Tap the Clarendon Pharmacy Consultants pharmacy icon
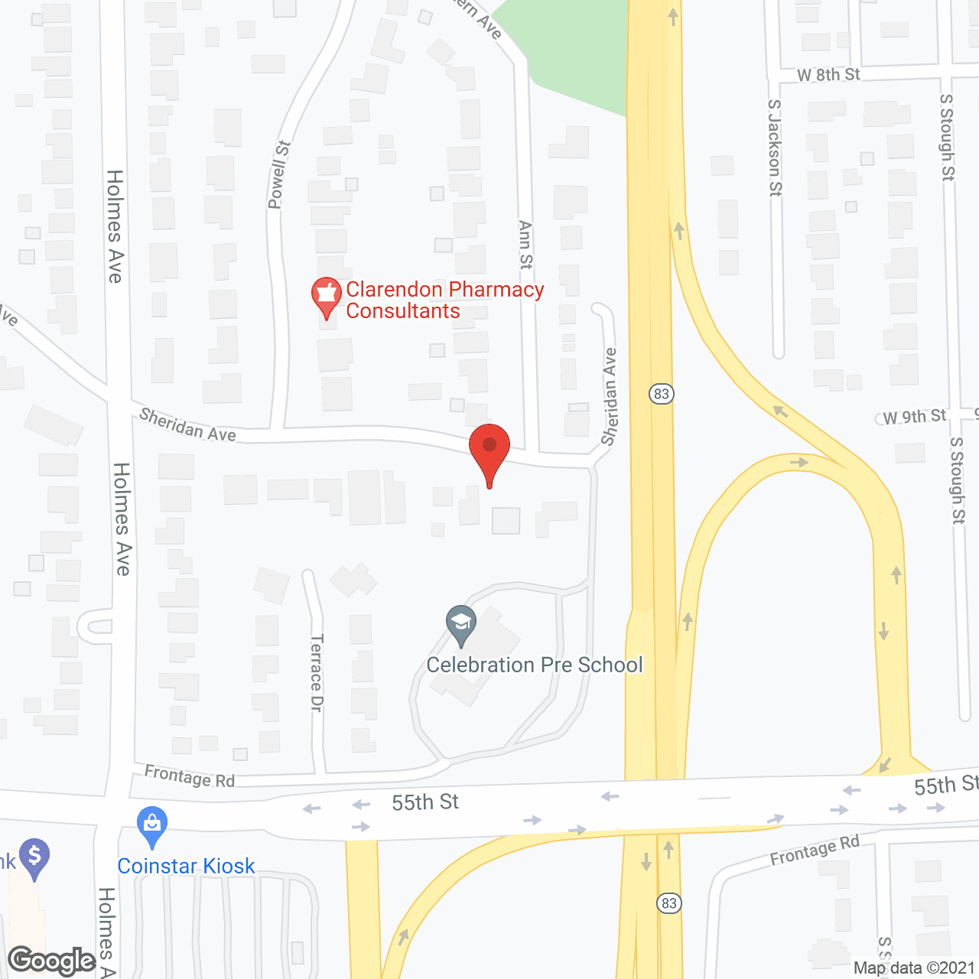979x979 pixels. (327, 295)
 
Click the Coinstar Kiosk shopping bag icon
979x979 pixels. (152, 825)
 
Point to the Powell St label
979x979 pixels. (279, 175)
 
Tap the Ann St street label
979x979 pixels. (525, 245)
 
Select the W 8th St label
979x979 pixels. (828, 75)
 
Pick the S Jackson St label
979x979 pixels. (775, 148)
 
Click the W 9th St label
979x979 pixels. (914, 417)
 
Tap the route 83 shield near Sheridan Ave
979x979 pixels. (662, 394)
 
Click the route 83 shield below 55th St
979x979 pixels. (669, 903)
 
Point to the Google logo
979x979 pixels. (52, 961)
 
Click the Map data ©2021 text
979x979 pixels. (914, 968)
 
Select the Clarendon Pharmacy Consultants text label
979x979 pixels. (444, 300)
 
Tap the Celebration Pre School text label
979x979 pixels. (535, 665)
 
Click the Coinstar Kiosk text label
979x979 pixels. (186, 866)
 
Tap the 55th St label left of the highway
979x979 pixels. (425, 802)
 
